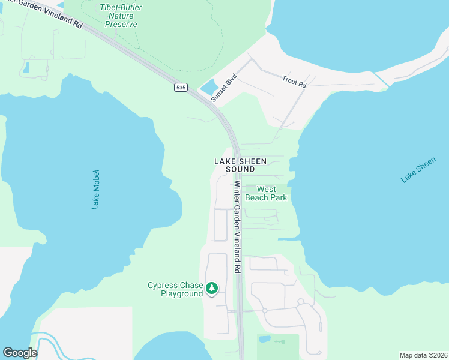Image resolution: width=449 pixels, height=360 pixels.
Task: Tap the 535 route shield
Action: pos(181,88)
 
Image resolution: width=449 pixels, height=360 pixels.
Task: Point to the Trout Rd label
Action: pos(294,82)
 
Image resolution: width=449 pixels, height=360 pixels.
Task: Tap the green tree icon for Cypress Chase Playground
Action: pos(211,289)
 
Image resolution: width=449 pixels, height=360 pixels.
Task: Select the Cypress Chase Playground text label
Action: pos(175,289)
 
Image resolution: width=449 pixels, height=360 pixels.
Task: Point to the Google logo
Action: pos(20,352)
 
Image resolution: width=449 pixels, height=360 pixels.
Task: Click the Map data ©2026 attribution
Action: pos(423,355)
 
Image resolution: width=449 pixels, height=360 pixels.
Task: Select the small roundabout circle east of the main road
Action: pos(264,310)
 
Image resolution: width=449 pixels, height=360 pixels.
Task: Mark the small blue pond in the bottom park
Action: pos(264,339)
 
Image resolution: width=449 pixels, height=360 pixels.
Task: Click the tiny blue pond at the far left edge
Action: pos(25,68)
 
